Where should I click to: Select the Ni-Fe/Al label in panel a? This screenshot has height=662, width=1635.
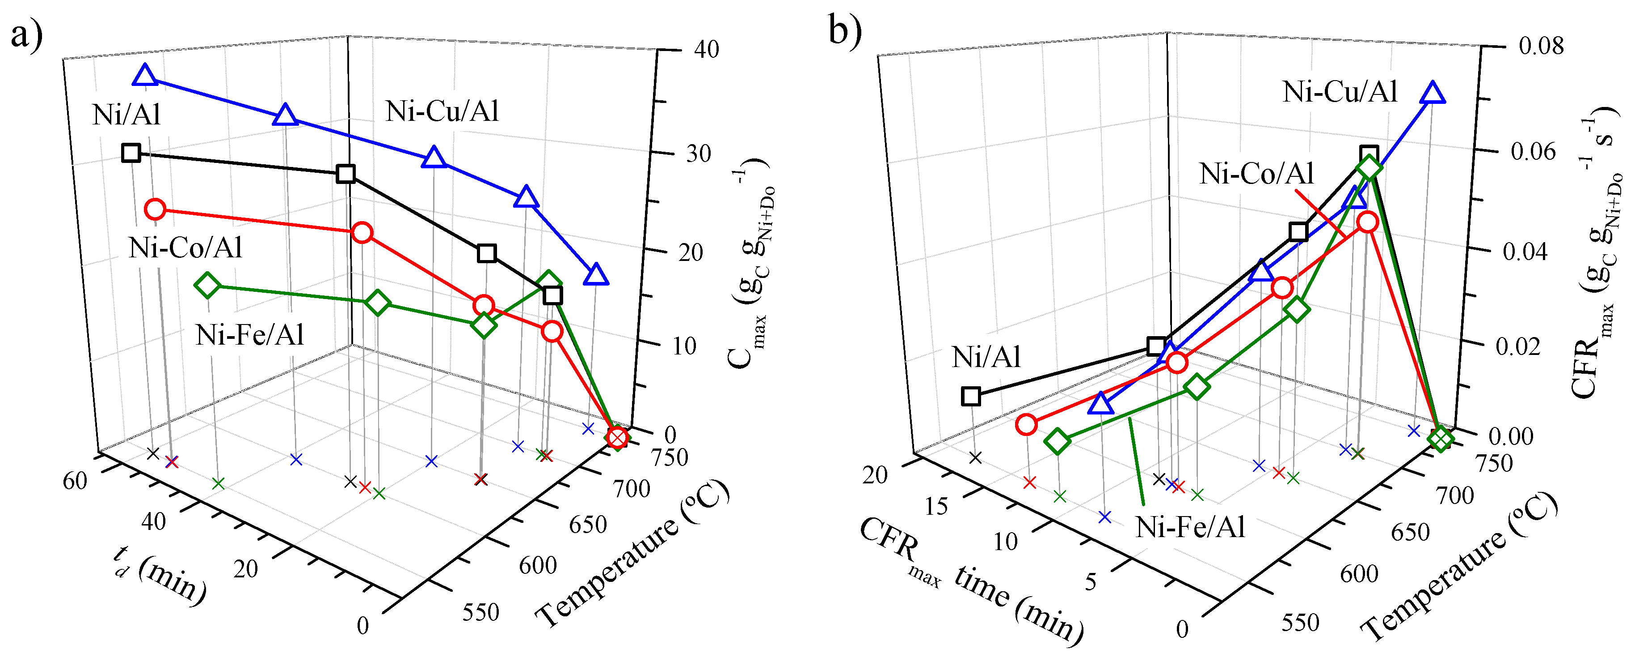[249, 335]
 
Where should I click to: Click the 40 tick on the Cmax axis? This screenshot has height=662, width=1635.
[706, 50]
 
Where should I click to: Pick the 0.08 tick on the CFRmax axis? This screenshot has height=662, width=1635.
[1540, 46]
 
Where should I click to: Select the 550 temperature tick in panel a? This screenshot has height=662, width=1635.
[480, 612]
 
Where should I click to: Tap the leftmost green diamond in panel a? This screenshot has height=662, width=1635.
[207, 285]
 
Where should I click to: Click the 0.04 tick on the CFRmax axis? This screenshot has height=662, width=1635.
[1525, 252]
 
